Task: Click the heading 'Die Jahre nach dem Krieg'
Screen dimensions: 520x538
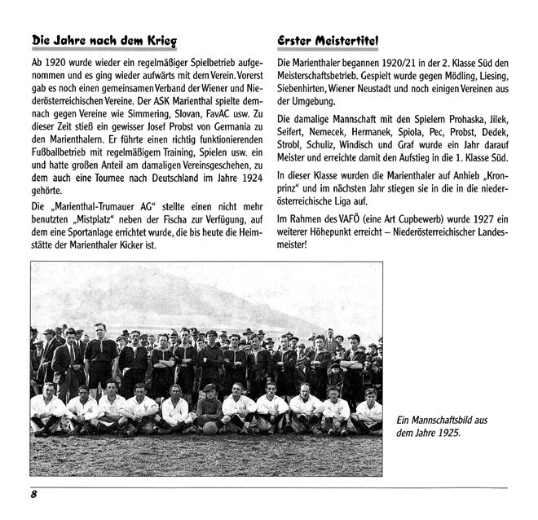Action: pyautogui.click(x=104, y=41)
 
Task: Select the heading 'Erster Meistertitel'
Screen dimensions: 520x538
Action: pyautogui.click(x=327, y=41)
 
